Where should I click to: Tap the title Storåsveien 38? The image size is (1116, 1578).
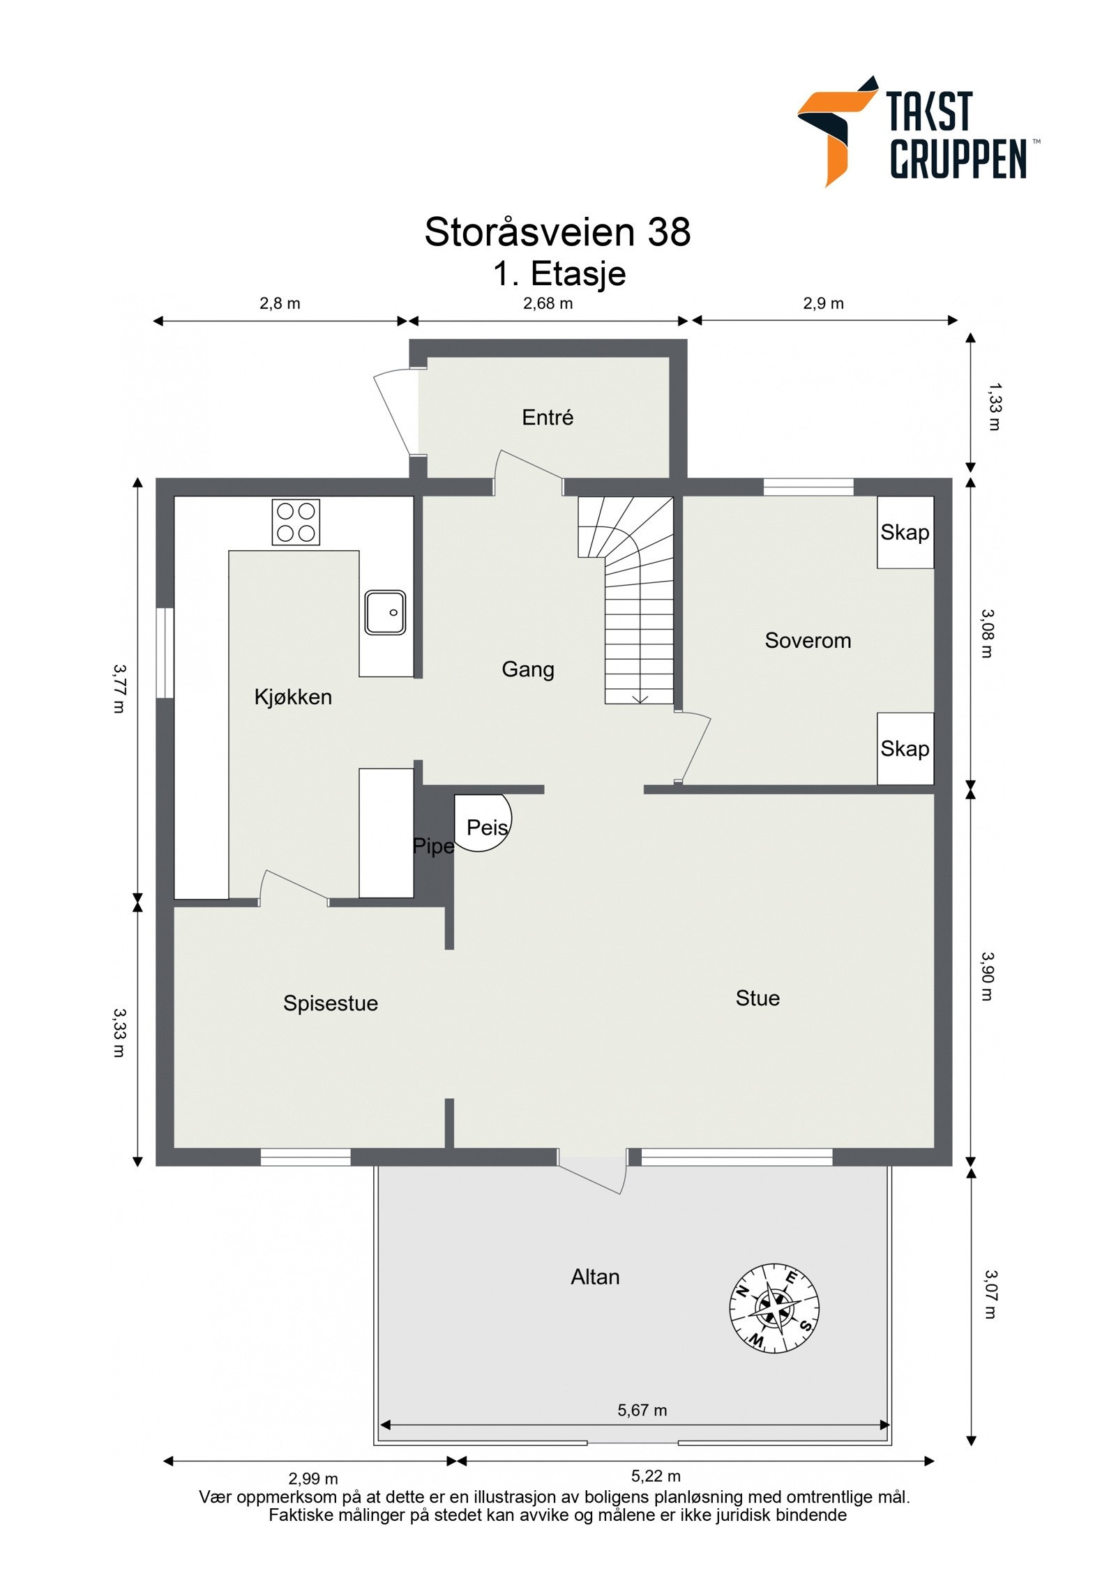point(557,232)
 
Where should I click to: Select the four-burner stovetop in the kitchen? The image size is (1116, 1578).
point(295,522)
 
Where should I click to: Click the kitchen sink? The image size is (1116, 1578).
point(385,612)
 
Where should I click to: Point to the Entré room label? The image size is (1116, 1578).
point(548,418)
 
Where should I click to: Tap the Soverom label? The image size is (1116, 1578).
point(808,640)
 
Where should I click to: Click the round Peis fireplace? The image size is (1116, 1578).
point(483,824)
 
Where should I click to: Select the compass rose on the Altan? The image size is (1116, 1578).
point(774,1307)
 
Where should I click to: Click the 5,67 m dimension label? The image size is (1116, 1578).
point(642,1410)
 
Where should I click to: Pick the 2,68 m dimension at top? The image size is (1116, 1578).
point(548,303)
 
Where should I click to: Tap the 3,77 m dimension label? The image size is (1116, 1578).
point(119,688)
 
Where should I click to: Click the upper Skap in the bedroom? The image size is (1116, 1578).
point(905,533)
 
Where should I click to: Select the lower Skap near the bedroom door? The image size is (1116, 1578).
point(905,749)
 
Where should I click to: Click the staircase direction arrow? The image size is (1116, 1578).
point(640,698)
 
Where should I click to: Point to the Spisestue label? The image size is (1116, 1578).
point(331,1003)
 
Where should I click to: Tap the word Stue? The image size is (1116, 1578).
point(757,998)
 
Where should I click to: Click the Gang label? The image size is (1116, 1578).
point(528,669)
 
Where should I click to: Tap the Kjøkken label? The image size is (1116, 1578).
point(293,697)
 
